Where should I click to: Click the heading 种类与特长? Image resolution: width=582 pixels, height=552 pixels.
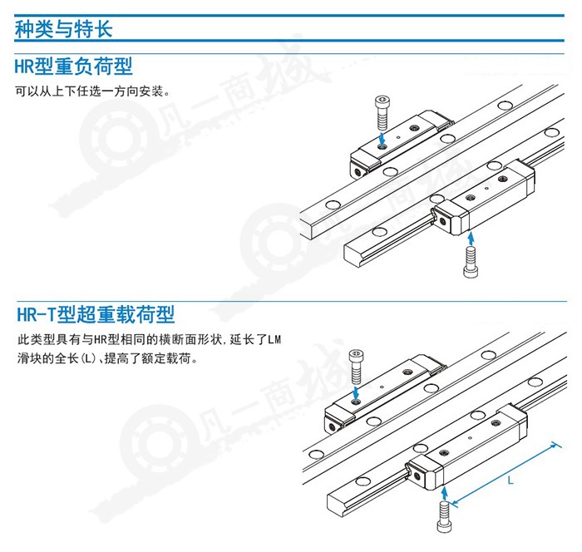[x=63, y=28]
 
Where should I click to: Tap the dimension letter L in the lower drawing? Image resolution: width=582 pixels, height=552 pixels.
[x=510, y=480]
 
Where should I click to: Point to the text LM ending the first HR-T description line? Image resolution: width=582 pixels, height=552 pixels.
[x=275, y=340]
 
